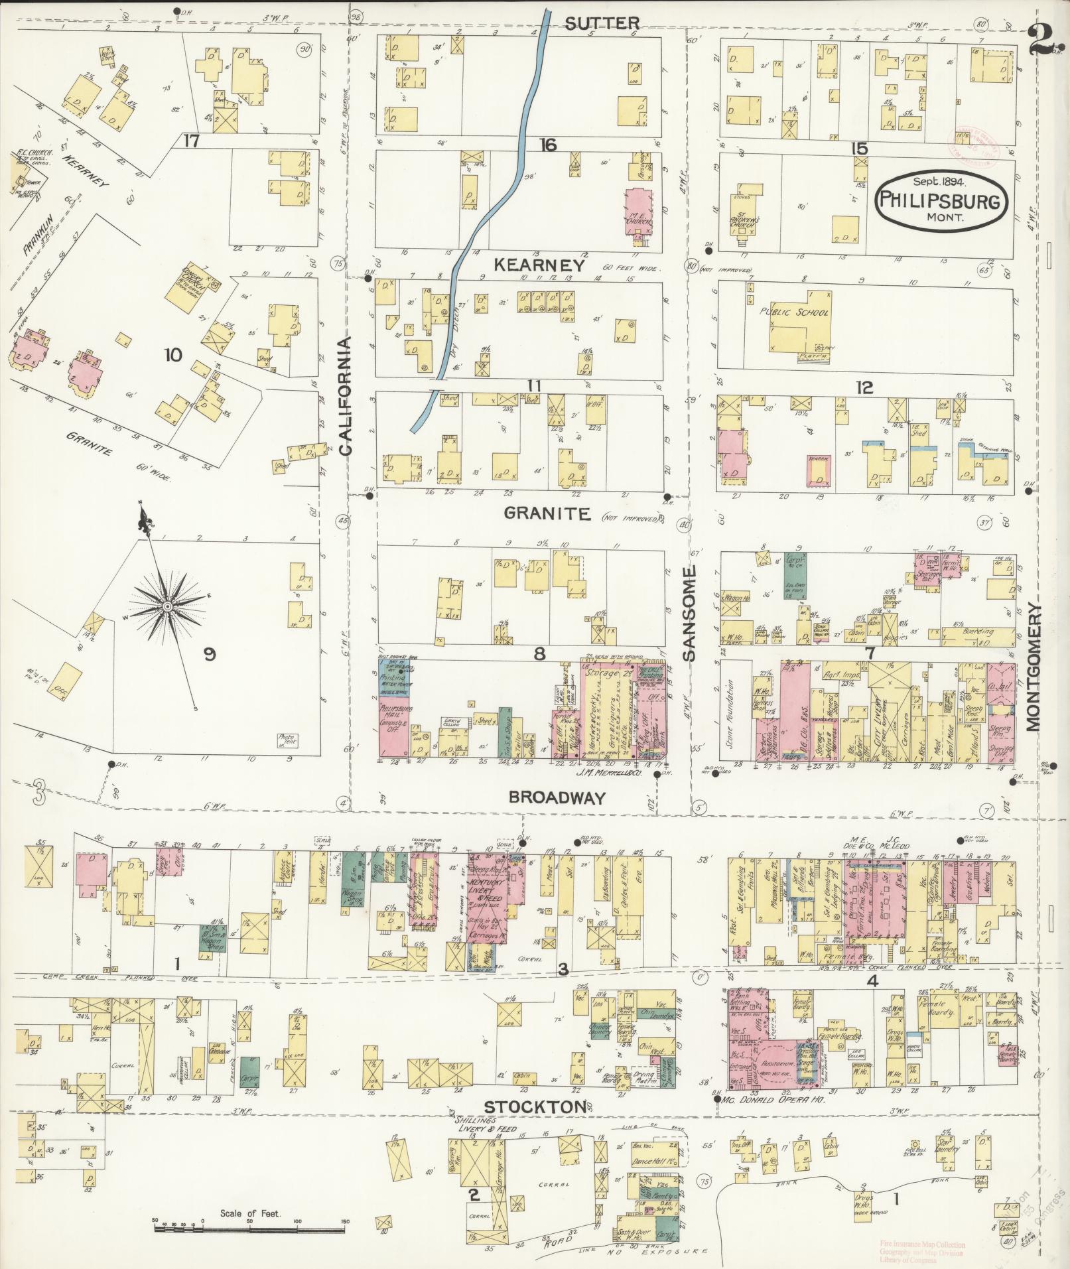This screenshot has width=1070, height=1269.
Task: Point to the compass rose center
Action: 168,606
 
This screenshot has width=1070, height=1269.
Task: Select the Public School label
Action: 795,312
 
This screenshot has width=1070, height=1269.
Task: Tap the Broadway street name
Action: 557,798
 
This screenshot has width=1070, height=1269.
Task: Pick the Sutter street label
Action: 602,24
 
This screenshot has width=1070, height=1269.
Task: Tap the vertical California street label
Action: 346,396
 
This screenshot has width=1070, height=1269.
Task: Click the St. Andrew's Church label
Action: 746,223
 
